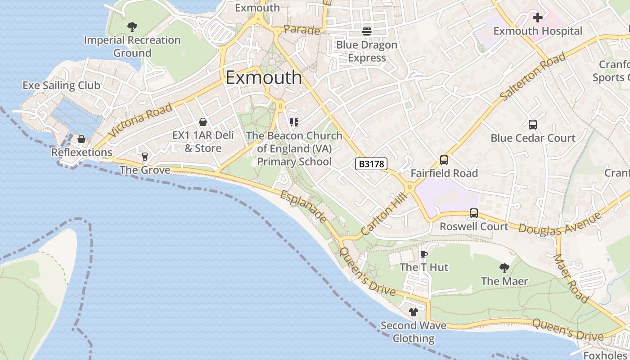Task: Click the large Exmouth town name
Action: tap(264, 78)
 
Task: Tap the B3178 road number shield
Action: tap(371, 164)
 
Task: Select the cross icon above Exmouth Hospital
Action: tap(537, 18)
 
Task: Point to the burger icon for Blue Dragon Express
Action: tap(367, 31)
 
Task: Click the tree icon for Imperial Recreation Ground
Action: tap(132, 27)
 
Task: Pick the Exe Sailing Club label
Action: tap(61, 85)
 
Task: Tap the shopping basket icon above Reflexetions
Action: tap(81, 139)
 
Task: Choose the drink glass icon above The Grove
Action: tap(144, 157)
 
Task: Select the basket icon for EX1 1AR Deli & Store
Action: tap(203, 122)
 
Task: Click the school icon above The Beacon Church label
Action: tap(294, 122)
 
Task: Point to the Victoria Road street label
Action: tap(140, 120)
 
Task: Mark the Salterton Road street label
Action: tap(532, 77)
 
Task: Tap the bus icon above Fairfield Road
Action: tap(444, 160)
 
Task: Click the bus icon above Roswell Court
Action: tap(473, 213)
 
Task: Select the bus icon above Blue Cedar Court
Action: tap(532, 125)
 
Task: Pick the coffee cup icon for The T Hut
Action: tap(423, 254)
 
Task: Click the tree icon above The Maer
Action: tap(504, 268)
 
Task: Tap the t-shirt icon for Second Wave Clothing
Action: tap(414, 312)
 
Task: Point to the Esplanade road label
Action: tap(303, 207)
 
